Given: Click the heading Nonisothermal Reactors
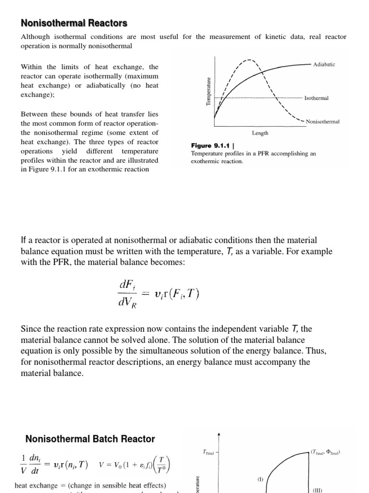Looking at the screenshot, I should pyautogui.click(x=74, y=23).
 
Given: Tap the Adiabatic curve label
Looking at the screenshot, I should pyautogui.click(x=324, y=64).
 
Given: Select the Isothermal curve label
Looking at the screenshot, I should pyautogui.click(x=317, y=98).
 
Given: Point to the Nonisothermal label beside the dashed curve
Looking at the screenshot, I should pyautogui.click(x=322, y=122).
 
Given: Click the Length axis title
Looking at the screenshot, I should pyautogui.click(x=260, y=133).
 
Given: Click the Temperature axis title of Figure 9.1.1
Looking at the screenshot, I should pyautogui.click(x=209, y=91).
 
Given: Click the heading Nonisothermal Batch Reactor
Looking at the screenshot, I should pyautogui.click(x=90, y=439).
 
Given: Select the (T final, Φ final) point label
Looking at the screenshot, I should pyautogui.click(x=326, y=452).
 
